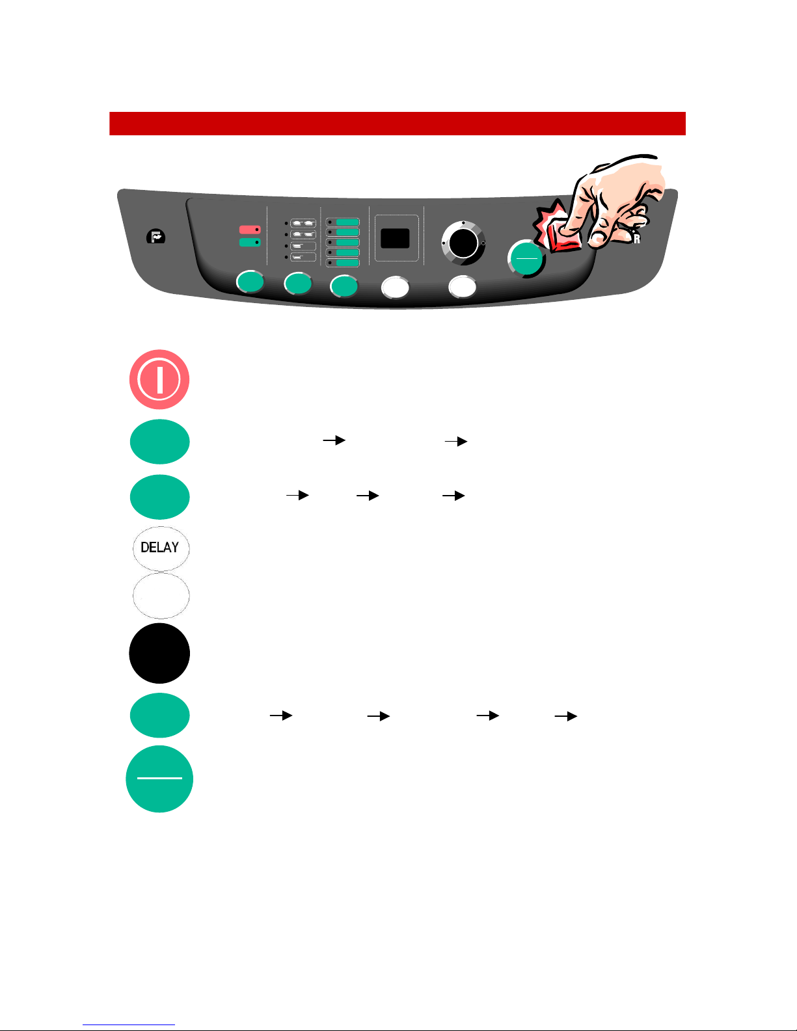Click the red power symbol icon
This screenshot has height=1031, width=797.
click(159, 380)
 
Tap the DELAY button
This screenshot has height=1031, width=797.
click(161, 548)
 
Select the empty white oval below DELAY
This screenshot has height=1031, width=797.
click(161, 596)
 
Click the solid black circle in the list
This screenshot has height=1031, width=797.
click(159, 653)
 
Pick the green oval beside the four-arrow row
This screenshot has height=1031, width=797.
click(159, 716)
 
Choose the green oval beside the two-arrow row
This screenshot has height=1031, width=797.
click(159, 442)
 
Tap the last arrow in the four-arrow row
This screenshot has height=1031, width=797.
click(566, 716)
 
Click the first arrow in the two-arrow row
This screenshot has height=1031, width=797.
click(334, 440)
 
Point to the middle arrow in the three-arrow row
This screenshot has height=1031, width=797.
click(368, 496)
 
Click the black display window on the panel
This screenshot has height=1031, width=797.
click(395, 238)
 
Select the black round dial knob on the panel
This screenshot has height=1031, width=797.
click(463, 243)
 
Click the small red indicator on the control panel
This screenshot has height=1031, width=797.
click(250, 230)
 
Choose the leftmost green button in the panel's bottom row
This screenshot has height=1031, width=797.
click(250, 282)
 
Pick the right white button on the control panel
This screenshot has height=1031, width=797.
click(463, 287)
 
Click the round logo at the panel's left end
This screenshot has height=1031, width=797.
click(155, 236)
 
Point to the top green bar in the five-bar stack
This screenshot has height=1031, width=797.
click(347, 222)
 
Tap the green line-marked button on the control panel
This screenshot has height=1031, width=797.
click(526, 259)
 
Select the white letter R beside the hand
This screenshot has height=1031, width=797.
click(637, 239)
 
